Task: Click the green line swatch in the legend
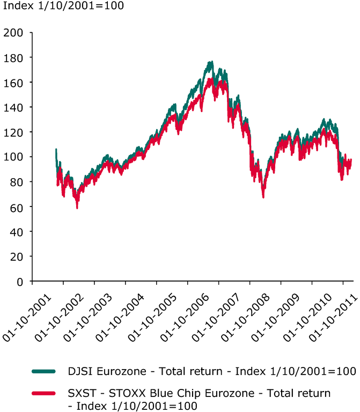tap(43, 371)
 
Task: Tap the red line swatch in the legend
tap(43, 394)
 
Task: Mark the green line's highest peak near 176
tap(211, 62)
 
